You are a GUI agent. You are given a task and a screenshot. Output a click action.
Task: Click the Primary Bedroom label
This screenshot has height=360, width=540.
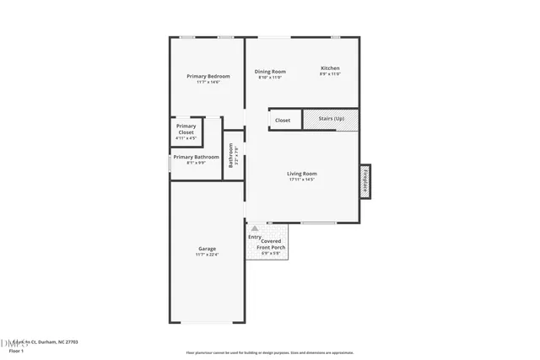coord(208,76)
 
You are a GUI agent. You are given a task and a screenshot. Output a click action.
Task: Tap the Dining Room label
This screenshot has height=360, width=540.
coord(271,72)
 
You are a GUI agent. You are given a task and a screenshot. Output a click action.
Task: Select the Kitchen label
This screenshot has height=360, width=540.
coord(330,68)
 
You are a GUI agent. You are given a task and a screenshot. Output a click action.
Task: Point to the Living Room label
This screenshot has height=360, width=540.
coord(301,174)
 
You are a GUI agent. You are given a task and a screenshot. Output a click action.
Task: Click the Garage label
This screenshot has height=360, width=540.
coord(207,249)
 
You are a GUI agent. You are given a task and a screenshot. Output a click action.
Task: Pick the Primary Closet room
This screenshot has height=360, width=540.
coord(186,132)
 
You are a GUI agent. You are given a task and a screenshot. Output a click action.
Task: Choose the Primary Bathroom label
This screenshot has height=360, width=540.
coord(196,157)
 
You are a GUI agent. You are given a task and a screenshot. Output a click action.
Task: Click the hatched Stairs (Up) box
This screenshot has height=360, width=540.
coord(331,120)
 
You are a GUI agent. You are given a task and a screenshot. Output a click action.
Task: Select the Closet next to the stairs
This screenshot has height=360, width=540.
coord(283,121)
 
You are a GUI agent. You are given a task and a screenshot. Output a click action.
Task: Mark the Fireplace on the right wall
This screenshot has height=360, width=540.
coord(366,180)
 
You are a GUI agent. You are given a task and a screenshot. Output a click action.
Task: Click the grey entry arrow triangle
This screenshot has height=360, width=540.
coord(254,228)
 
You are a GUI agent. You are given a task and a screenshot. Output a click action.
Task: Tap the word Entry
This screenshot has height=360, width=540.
coord(254,237)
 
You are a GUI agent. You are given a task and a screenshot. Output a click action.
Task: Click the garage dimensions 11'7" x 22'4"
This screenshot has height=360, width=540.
coord(207,255)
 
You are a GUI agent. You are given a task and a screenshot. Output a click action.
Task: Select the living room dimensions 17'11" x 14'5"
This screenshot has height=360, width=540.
coord(301,180)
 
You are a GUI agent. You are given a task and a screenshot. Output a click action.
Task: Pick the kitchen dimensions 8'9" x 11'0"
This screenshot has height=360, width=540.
coord(330,74)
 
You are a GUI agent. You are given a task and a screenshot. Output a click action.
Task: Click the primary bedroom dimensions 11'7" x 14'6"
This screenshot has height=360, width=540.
coord(208,82)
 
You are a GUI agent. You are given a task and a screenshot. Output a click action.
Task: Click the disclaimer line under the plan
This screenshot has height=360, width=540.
coord(270,352)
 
